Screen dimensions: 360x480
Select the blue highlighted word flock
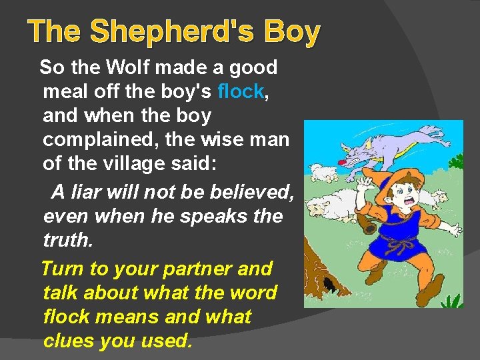241,91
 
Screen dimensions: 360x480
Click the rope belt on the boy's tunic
398,245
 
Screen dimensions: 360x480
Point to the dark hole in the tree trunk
329,285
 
